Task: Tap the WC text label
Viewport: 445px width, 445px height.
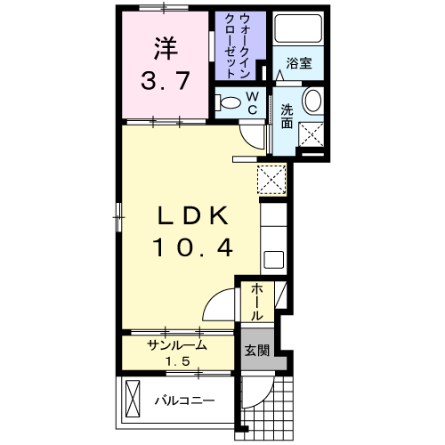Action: [252, 101]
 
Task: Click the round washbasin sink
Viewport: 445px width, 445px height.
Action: [313, 101]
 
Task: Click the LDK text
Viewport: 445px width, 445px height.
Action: [195, 215]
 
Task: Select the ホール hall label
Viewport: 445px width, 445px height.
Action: [256, 303]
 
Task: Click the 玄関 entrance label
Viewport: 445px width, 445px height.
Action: [255, 351]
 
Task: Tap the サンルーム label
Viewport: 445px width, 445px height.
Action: [177, 345]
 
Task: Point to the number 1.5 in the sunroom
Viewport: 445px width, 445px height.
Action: [177, 360]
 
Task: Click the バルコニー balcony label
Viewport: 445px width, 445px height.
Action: [184, 400]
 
